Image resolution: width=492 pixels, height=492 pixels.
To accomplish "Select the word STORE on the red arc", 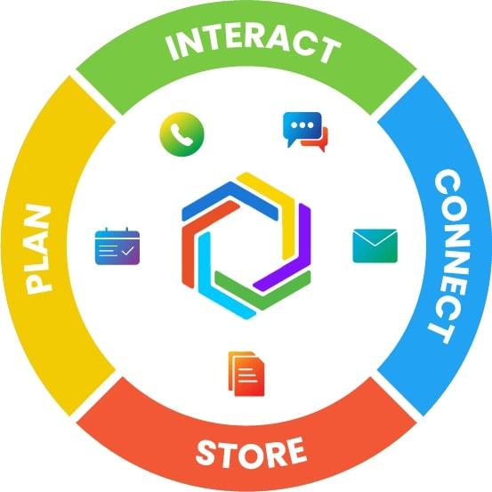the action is (251, 452).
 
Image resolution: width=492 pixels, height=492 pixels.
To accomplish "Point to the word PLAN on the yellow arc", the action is (39, 249).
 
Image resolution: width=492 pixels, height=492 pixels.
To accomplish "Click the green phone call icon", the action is (182, 134).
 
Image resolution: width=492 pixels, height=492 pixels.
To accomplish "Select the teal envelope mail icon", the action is (375, 246).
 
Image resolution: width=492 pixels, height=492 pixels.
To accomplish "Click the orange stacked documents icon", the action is (246, 374).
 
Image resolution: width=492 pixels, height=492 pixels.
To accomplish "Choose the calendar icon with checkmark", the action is (117, 246).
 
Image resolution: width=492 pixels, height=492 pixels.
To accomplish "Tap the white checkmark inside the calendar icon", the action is (128, 251).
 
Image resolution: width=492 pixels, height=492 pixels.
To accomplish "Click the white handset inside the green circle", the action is (181, 134).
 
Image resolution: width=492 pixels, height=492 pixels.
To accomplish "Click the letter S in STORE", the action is (205, 454).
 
